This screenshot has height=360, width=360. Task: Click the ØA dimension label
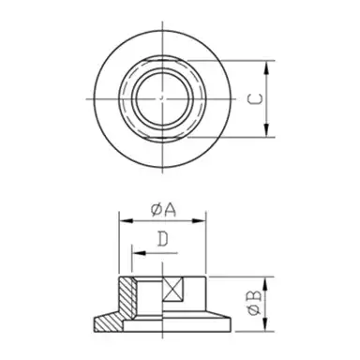pyautogui.click(x=161, y=211)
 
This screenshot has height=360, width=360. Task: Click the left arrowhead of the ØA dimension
pyautogui.click(x=121, y=222)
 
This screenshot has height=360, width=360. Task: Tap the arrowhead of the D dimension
pyautogui.click(x=133, y=252)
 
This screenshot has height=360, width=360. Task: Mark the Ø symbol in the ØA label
pyautogui.click(x=155, y=211)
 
